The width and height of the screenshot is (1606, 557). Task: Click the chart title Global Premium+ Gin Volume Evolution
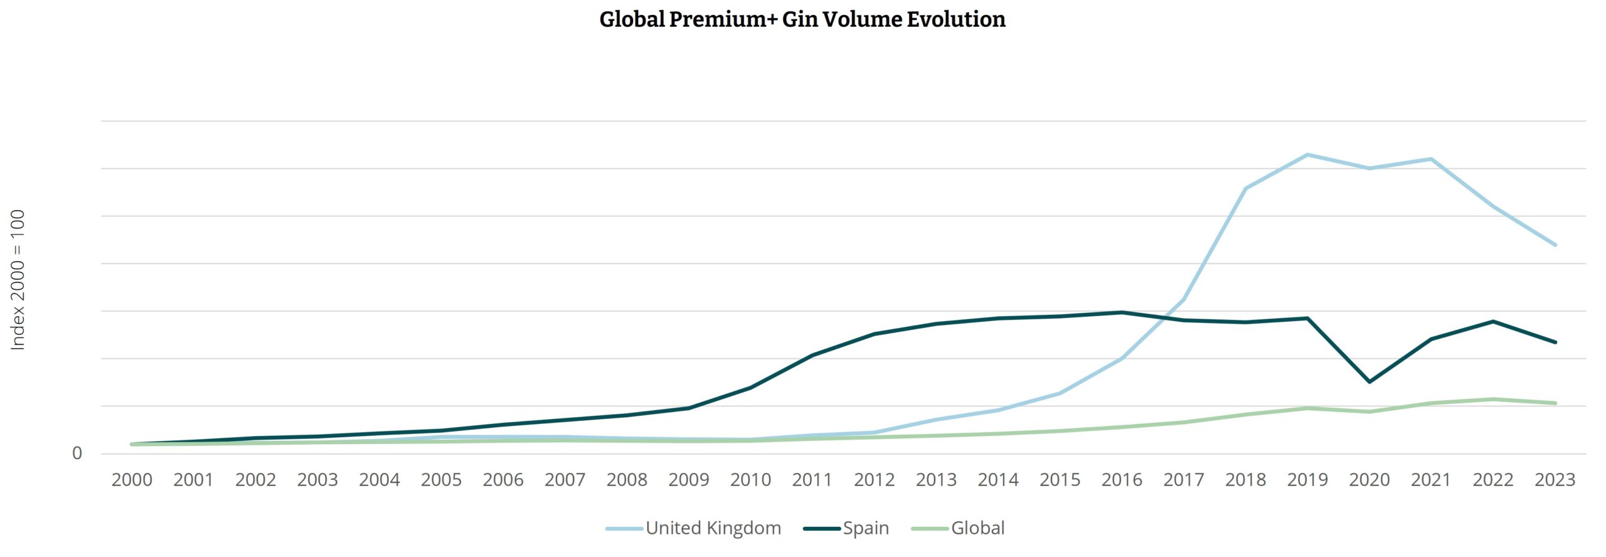pos(802,19)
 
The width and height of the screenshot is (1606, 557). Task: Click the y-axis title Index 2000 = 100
pos(18,280)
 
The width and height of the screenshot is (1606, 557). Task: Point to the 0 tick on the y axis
pos(77,453)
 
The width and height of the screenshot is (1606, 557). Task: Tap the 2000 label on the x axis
pos(132,480)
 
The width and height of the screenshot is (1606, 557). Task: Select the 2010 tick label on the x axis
pos(750,480)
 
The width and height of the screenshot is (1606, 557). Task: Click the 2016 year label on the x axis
pos(1122,480)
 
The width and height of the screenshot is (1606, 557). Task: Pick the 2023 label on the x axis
pos(1555,480)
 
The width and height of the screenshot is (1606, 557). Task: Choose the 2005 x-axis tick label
pos(441,480)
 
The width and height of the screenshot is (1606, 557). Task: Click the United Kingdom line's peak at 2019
pos(1307,155)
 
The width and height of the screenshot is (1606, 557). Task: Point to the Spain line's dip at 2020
pos(1369,381)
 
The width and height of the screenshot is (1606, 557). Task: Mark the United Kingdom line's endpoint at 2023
pos(1555,245)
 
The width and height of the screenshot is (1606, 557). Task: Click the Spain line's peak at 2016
pos(1122,312)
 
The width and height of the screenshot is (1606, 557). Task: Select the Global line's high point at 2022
pos(1493,399)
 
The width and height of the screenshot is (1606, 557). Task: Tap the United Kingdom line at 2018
pos(1245,188)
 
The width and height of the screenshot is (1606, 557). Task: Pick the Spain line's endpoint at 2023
pos(1555,342)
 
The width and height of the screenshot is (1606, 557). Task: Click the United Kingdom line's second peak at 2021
pos(1431,159)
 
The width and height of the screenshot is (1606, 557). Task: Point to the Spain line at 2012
pos(875,334)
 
